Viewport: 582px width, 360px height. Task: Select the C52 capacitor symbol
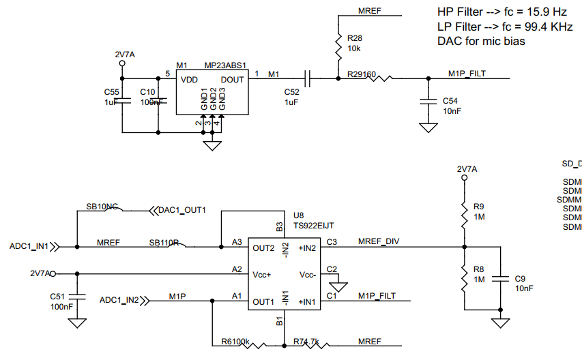[308, 79]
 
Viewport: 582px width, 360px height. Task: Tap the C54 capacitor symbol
[428, 100]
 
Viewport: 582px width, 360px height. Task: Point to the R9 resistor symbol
[464, 212]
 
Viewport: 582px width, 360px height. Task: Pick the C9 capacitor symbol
[501, 278]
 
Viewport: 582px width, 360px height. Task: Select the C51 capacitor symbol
[76, 296]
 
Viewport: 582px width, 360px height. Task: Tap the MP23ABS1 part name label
[225, 66]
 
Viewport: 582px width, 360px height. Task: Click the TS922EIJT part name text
[314, 224]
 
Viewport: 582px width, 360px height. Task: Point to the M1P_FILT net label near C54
[467, 74]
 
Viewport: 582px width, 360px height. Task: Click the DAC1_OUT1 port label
[181, 210]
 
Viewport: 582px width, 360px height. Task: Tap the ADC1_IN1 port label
[29, 246]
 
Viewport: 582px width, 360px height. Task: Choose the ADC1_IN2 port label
[119, 299]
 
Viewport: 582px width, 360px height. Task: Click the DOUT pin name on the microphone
[231, 80]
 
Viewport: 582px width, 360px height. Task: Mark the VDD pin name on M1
[190, 80]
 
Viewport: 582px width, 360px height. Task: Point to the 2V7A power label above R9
[467, 168]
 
